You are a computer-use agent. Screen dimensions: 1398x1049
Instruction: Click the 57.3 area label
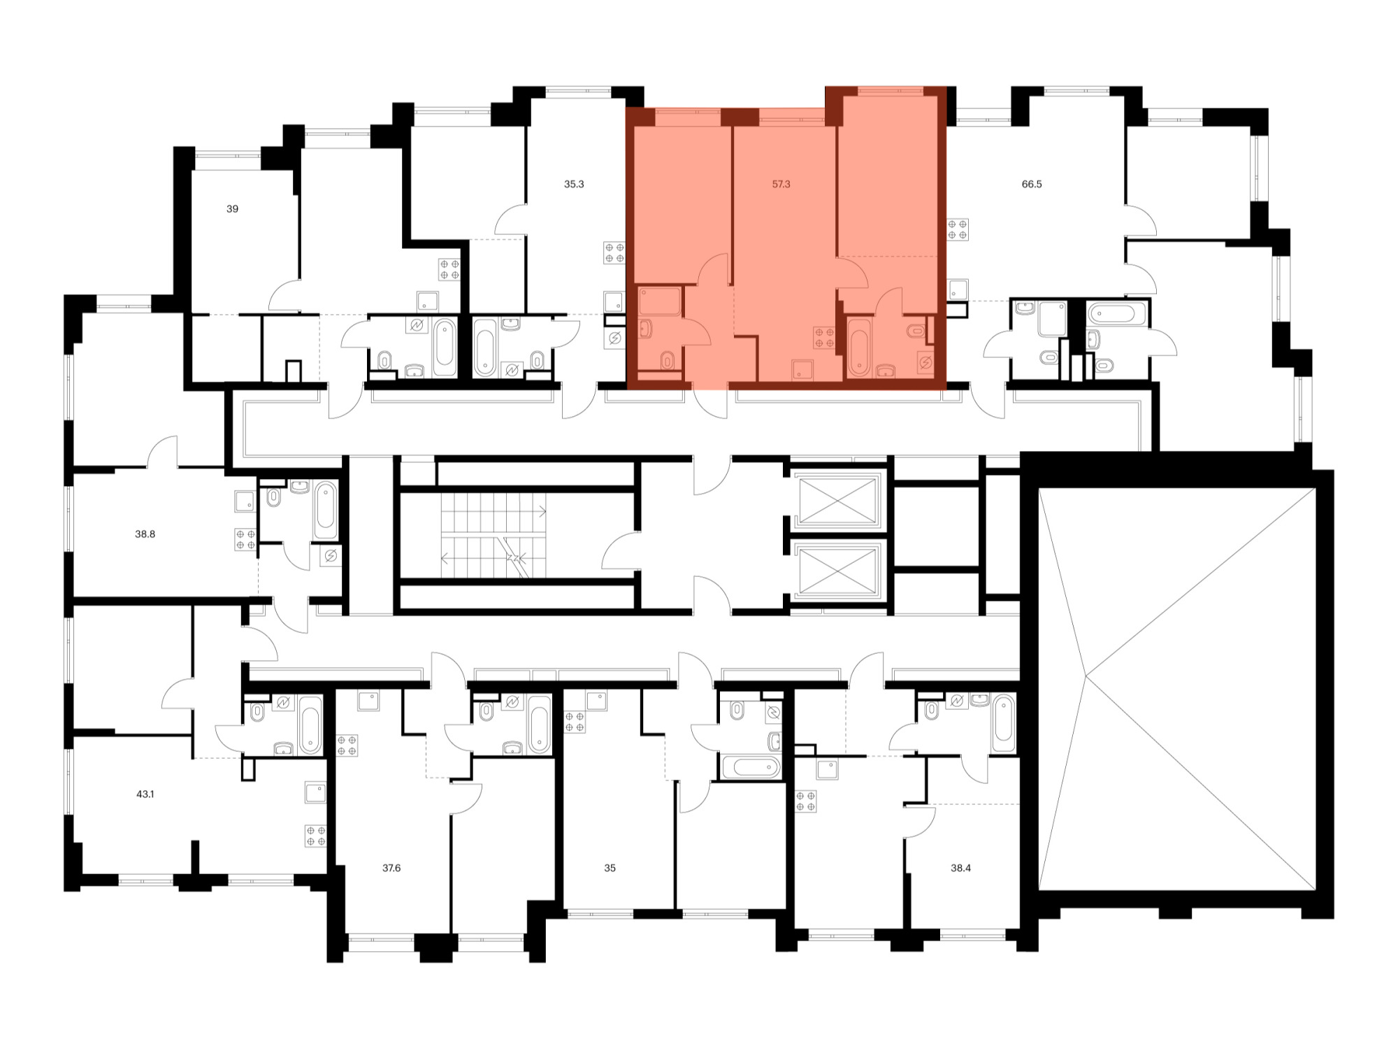click(x=781, y=185)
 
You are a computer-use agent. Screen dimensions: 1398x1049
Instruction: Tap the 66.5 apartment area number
click(x=1032, y=185)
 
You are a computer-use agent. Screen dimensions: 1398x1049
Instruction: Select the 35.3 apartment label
click(x=574, y=185)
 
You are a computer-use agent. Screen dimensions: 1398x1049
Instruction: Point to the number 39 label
click(x=232, y=209)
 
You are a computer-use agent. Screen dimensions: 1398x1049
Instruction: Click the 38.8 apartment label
click(x=145, y=534)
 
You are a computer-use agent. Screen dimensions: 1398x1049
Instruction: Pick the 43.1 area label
click(x=145, y=794)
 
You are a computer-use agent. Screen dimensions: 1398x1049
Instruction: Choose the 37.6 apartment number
click(x=391, y=869)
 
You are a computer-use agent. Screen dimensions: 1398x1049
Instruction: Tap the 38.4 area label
click(x=960, y=869)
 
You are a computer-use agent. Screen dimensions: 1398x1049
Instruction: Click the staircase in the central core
click(x=493, y=535)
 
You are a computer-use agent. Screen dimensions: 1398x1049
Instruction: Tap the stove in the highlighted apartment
click(x=824, y=338)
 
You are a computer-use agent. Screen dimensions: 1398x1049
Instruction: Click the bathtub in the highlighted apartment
click(x=859, y=348)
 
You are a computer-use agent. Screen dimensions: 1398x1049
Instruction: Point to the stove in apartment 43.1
click(x=316, y=836)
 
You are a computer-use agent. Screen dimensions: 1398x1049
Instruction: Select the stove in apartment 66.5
click(x=958, y=229)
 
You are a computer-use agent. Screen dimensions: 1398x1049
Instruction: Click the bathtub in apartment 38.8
click(x=325, y=510)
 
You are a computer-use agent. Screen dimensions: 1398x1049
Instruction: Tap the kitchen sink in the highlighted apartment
click(x=802, y=369)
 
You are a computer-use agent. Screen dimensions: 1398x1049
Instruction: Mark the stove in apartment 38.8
click(x=245, y=539)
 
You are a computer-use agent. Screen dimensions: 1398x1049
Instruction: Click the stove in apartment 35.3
click(x=614, y=252)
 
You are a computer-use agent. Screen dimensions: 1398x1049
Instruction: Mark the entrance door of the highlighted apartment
click(x=712, y=402)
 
